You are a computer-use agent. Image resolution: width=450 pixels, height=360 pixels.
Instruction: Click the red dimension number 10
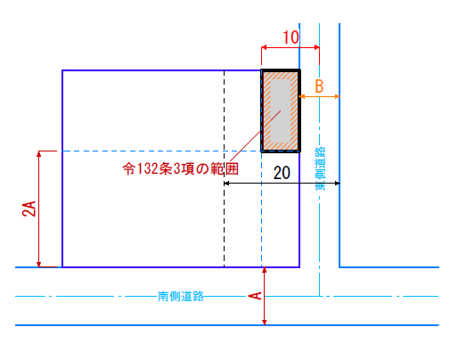[x=290, y=37]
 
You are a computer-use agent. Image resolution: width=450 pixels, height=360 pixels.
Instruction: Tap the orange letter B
[x=319, y=86]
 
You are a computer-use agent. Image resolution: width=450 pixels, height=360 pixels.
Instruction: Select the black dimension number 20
[x=282, y=173]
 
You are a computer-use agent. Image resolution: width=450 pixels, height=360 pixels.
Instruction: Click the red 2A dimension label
[x=29, y=209]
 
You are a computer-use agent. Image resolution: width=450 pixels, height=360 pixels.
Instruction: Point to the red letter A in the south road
[x=255, y=296]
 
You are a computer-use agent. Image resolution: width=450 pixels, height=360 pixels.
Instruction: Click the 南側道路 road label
[x=181, y=296]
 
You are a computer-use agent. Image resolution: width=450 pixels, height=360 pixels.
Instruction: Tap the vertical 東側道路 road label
[x=320, y=168]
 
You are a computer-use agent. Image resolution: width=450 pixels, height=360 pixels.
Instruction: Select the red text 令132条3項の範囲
[x=181, y=169]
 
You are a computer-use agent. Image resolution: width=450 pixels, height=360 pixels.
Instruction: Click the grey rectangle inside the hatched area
[x=281, y=110]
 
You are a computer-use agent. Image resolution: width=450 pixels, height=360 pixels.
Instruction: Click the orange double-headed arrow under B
[x=319, y=96]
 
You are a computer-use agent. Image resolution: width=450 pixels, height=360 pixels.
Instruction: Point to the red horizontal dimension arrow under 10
[x=290, y=47]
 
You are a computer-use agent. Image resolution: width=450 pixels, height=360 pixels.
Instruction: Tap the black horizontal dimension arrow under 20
[x=282, y=184]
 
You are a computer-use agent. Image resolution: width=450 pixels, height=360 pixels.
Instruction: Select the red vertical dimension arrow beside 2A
[x=38, y=209]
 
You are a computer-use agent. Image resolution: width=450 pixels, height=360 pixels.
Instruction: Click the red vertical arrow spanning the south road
[x=265, y=296]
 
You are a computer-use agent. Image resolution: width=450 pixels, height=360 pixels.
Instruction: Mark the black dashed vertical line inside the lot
[x=225, y=168]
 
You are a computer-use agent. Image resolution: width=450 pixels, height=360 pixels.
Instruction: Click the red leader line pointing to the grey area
[x=256, y=135]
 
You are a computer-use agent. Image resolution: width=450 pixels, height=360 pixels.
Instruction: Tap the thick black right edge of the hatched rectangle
[x=299, y=110]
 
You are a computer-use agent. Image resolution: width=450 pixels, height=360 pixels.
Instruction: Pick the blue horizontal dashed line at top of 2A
[x=159, y=151]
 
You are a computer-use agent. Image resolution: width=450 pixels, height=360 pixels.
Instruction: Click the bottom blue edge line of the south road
[x=227, y=325]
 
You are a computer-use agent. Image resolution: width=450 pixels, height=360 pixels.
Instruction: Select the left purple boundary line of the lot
[x=62, y=168]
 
